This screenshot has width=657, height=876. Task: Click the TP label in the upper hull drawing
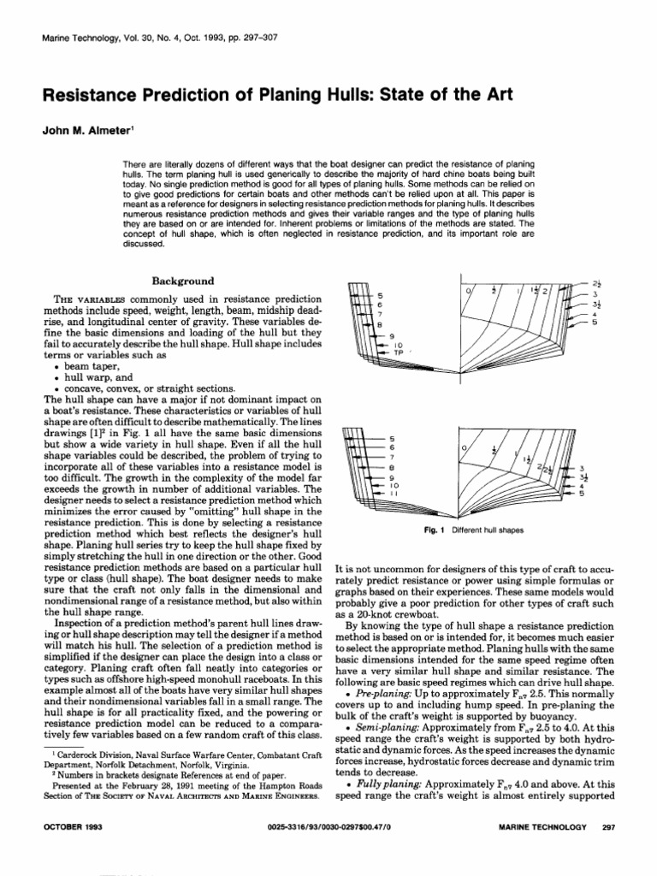[x=373, y=352]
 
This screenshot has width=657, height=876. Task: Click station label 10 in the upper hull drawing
[x=375, y=343]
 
